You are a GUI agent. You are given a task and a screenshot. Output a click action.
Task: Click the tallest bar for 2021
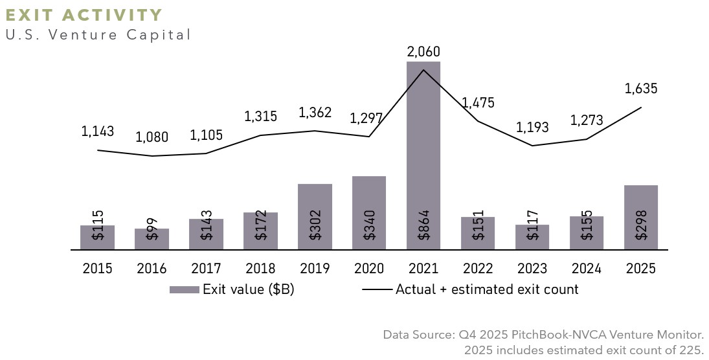tap(423, 155)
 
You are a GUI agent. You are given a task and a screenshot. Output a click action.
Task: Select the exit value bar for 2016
tap(152, 239)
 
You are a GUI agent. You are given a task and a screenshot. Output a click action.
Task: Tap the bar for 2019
tap(315, 216)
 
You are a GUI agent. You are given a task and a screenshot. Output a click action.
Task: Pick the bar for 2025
tap(641, 217)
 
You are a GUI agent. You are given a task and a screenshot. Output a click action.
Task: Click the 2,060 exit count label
tap(423, 51)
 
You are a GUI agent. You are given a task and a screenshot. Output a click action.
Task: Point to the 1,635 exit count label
tap(641, 89)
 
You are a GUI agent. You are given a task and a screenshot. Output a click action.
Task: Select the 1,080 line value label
tap(152, 138)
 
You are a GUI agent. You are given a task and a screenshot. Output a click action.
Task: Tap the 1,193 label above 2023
tap(532, 128)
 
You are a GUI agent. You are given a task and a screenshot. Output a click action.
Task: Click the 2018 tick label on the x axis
tap(260, 269)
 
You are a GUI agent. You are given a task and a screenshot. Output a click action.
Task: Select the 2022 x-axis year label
tap(478, 269)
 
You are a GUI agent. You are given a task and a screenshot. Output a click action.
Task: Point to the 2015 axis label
tap(97, 269)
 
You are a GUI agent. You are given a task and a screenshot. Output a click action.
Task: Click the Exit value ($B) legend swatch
tap(184, 290)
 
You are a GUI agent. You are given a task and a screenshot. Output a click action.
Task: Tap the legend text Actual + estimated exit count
tap(487, 289)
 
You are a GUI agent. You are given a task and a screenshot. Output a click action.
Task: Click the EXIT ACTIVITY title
tap(84, 15)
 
